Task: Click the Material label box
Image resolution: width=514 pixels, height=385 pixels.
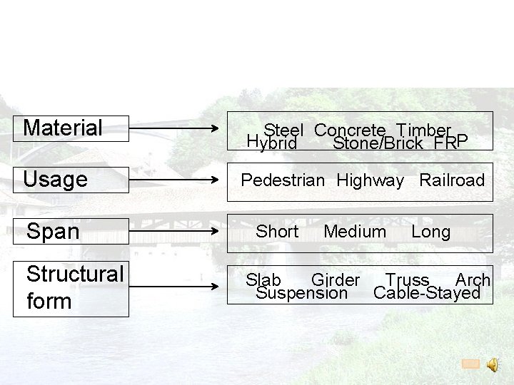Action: [71, 128]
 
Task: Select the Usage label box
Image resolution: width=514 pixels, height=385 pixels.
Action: [71, 180]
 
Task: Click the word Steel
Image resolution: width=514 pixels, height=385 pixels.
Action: [283, 130]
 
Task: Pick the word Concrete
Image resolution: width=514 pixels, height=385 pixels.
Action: [350, 130]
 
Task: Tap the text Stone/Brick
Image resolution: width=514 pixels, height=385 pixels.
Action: [380, 143]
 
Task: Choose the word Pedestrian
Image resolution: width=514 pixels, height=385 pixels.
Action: [283, 180]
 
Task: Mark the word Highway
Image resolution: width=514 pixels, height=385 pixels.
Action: [370, 180]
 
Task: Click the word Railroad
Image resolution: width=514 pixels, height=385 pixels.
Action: [452, 180]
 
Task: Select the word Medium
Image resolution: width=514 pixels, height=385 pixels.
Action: [354, 232]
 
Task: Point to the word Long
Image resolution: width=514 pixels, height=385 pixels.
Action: [430, 232]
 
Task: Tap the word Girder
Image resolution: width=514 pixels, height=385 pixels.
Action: [336, 280]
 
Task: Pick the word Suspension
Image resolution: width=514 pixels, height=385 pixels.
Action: [301, 293]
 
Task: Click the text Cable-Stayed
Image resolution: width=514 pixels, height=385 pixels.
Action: [427, 293]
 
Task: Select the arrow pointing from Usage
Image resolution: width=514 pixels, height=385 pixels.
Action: [174, 180]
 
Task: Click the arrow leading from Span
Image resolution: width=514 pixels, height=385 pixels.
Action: [174, 232]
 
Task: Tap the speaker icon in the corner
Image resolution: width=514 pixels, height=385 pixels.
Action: [493, 364]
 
